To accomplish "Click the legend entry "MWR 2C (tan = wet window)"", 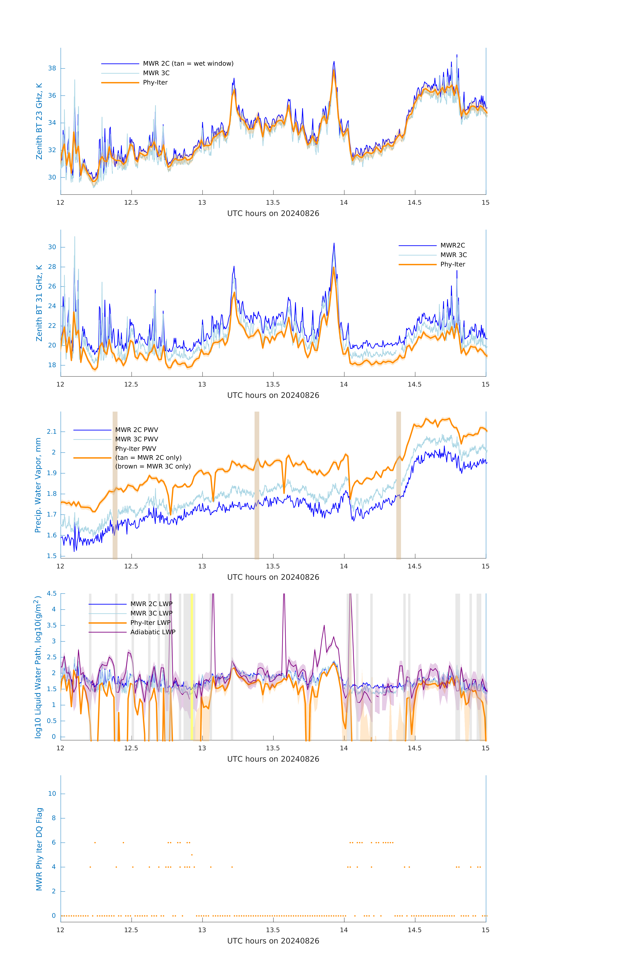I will pyautogui.click(x=188, y=64).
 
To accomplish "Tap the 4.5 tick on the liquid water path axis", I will pyautogui.click(x=51, y=593).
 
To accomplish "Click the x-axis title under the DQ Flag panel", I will pyautogui.click(x=273, y=941).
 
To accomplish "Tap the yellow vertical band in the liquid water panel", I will pyautogui.click(x=192, y=667).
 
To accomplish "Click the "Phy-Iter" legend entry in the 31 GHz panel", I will pyautogui.click(x=452, y=264).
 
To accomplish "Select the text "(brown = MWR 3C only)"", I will pyautogui.click(x=153, y=466).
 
